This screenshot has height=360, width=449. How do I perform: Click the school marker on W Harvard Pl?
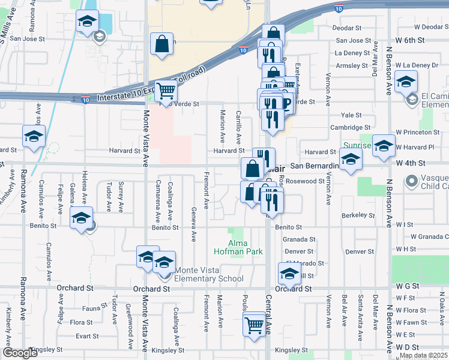coord(384,146)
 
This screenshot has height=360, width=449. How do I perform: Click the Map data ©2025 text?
coord(423,355)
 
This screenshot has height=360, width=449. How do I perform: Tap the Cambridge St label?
coord(351,127)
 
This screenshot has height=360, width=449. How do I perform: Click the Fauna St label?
coord(95,308)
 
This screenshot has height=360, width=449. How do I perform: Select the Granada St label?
coord(295,239)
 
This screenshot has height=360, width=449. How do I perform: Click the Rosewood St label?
coord(306,181)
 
